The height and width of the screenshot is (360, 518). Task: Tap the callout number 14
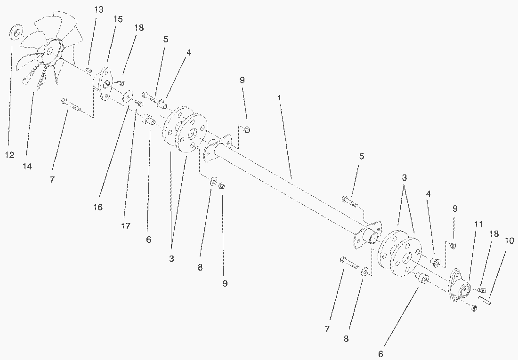pos(27,167)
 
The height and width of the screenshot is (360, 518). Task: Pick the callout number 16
pos(98,207)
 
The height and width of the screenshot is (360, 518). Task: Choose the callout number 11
pos(478,225)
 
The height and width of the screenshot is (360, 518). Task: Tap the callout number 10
pos(509,240)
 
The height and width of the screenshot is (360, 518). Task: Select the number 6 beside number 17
pos(149,240)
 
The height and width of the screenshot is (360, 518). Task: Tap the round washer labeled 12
pos(17,33)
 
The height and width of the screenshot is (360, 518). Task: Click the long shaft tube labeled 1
pos(292,188)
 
